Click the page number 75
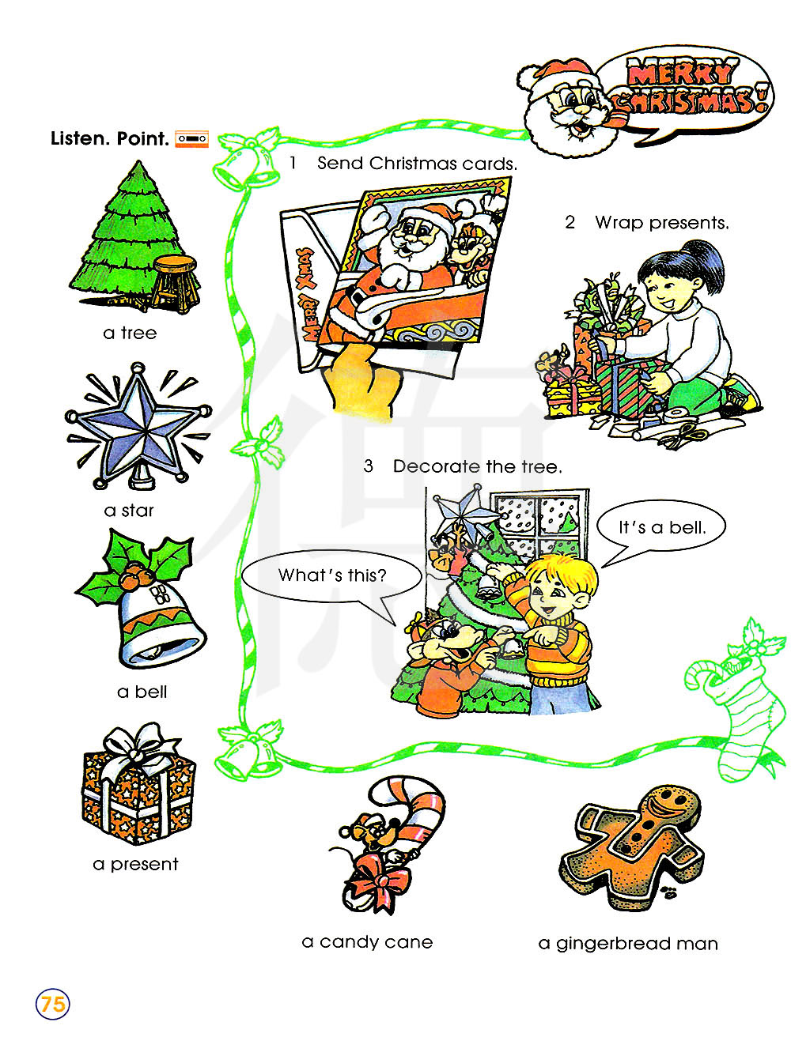(x=52, y=1004)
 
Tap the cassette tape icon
(x=191, y=138)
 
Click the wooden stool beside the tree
(x=176, y=283)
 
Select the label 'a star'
(x=129, y=510)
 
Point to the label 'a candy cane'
(x=367, y=942)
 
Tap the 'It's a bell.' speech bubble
(x=660, y=526)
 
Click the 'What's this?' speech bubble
(x=332, y=576)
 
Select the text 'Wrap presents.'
(x=662, y=223)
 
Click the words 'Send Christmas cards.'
(x=417, y=164)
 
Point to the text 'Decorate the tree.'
(x=477, y=466)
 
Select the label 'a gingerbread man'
(x=628, y=944)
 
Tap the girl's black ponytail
(x=702, y=264)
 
